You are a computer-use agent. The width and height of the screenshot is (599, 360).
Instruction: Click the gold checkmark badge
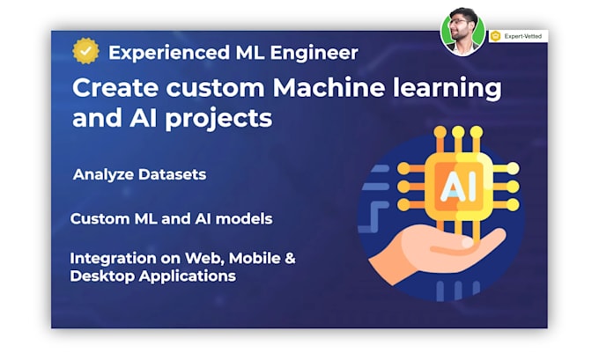(x=85, y=52)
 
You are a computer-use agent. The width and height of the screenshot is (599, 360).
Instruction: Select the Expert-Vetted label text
(x=524, y=36)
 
